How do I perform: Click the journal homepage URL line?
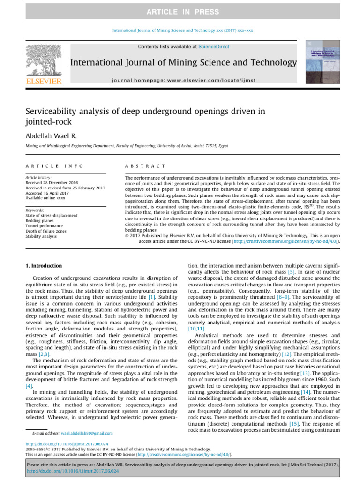(x=183, y=81)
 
